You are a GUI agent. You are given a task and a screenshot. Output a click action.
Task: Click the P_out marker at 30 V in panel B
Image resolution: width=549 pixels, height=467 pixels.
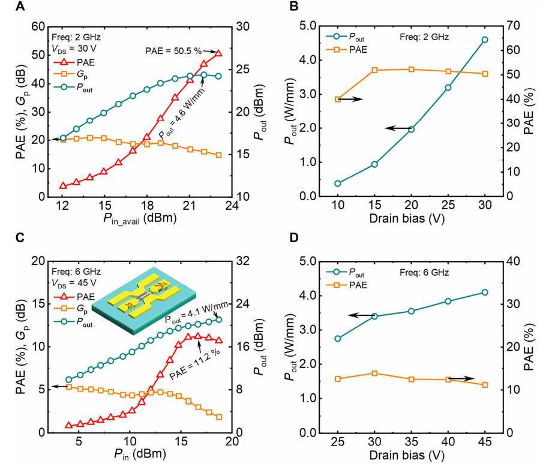[485, 40]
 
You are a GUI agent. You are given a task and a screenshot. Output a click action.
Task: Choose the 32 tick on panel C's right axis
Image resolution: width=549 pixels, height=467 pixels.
[241, 261]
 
